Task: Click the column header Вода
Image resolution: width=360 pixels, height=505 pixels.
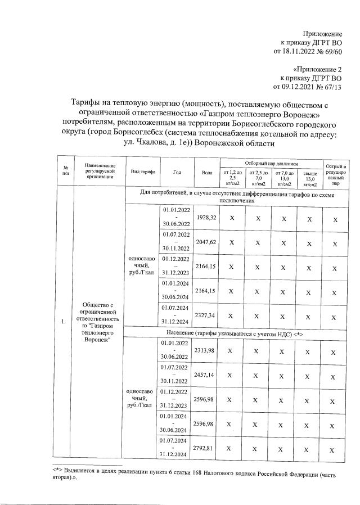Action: click(x=206, y=172)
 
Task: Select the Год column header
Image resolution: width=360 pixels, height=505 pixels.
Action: click(x=177, y=172)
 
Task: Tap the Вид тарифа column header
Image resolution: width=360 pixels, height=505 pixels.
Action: click(x=143, y=172)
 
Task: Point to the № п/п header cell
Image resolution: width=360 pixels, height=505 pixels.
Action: click(x=65, y=172)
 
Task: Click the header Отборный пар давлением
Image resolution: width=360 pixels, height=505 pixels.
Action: click(x=270, y=162)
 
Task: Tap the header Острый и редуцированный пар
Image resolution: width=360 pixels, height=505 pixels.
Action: click(x=336, y=172)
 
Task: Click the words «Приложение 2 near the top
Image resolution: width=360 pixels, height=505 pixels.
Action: click(x=317, y=69)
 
